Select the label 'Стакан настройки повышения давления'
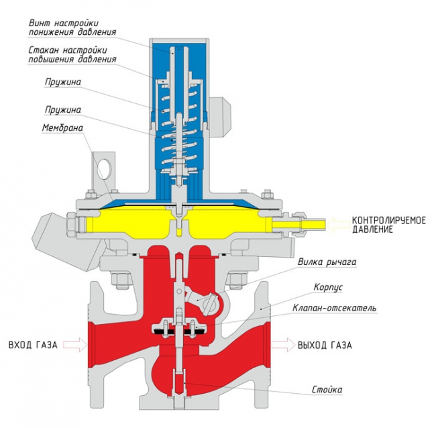(72, 54)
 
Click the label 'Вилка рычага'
(327, 262)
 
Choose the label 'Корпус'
(329, 286)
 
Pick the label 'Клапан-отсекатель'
(334, 309)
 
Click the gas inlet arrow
(76, 345)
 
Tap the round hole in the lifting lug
(105, 165)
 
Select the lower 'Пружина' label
(64, 107)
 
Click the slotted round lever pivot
(209, 303)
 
